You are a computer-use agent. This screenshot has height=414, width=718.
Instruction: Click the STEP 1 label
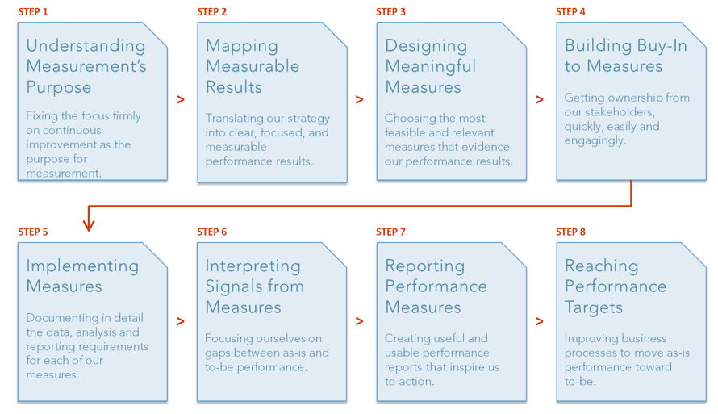click(x=34, y=11)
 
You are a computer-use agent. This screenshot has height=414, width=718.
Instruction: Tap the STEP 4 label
click(x=570, y=11)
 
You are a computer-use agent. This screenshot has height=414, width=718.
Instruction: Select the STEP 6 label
click(x=212, y=232)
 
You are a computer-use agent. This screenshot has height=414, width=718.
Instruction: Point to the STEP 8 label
click(x=570, y=232)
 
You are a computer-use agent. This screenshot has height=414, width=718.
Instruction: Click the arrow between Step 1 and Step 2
click(x=181, y=100)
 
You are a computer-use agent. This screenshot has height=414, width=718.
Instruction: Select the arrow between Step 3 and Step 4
click(x=539, y=100)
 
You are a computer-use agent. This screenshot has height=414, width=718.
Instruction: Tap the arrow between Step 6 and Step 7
click(x=359, y=321)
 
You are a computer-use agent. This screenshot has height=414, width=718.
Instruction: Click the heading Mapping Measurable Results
click(x=252, y=66)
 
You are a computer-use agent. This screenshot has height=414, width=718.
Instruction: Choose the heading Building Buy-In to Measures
click(x=625, y=56)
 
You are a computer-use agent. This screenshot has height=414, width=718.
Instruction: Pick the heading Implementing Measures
click(x=82, y=276)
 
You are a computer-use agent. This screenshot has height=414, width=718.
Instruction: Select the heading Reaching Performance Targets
click(x=615, y=286)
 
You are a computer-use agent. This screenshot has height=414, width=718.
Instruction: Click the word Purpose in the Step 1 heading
click(x=59, y=87)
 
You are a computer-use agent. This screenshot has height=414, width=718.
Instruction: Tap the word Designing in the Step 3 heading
click(x=426, y=46)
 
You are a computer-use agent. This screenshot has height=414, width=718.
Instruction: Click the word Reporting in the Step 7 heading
click(x=424, y=266)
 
